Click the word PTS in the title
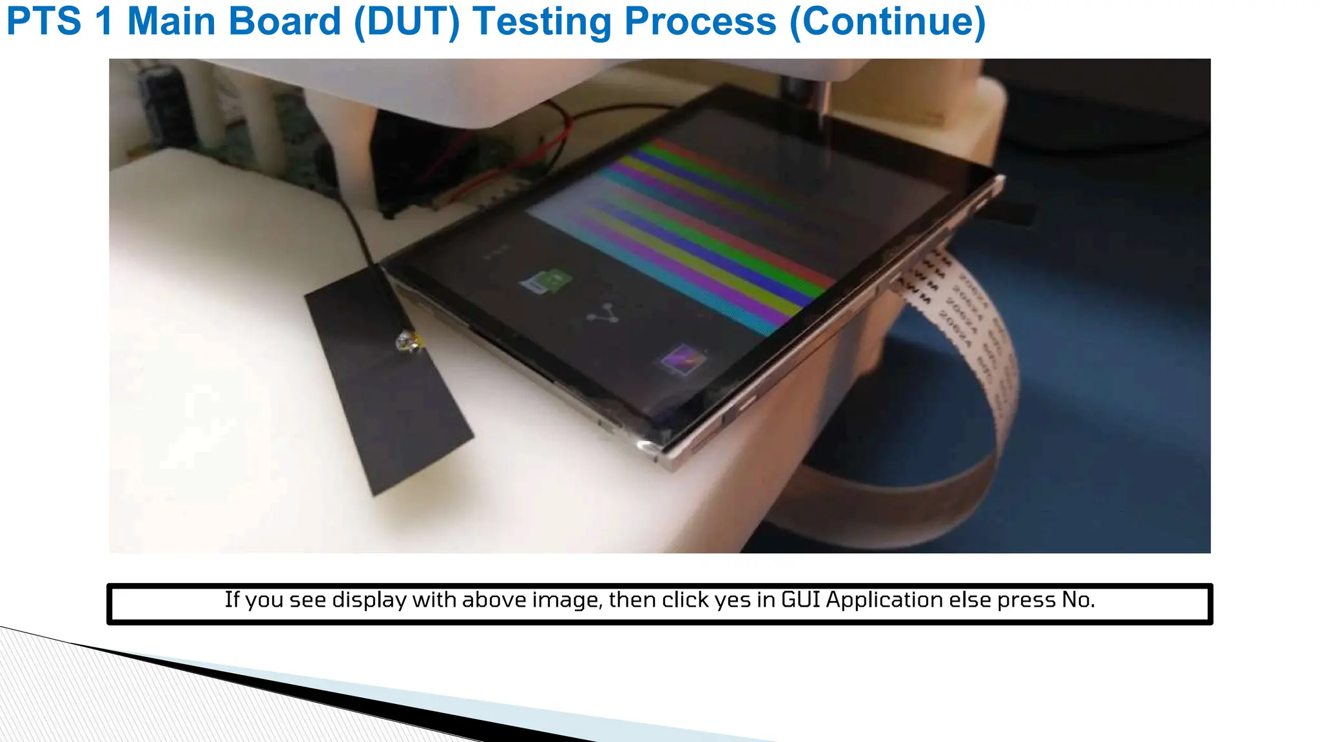pyautogui.click(x=44, y=22)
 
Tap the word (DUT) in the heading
pyautogui.click(x=407, y=22)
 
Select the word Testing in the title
pyautogui.click(x=541, y=22)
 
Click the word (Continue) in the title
pyautogui.click(x=888, y=22)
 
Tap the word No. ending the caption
pyautogui.click(x=1078, y=600)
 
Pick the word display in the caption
pyautogui.click(x=370, y=600)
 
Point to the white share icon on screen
pyautogui.click(x=603, y=314)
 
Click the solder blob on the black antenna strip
pyautogui.click(x=409, y=341)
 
